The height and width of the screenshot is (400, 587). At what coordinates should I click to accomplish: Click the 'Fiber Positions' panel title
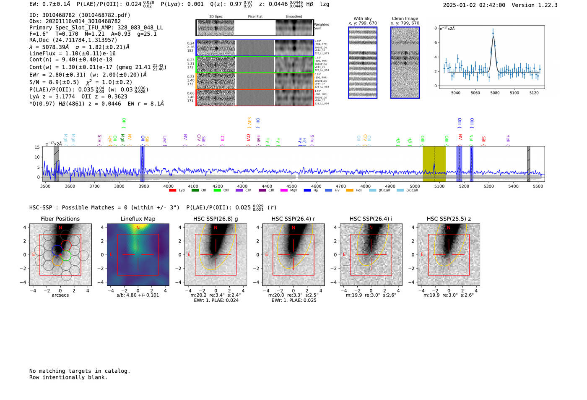tap(60, 219)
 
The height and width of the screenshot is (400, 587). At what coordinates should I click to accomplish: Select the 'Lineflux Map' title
tap(138, 219)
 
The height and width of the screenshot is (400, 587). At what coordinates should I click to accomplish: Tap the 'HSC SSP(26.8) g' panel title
tap(216, 219)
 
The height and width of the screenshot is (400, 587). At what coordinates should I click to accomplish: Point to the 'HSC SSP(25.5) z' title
tap(449, 219)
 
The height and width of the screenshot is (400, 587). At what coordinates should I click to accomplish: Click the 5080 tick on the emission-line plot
tap(495, 93)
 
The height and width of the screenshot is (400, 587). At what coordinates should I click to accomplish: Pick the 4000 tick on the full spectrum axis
tap(169, 186)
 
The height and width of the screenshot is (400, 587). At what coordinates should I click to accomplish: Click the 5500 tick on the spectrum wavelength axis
tap(538, 186)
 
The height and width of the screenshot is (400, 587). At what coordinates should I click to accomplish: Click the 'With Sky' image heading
tap(363, 18)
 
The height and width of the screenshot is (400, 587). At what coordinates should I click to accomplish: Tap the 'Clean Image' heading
tap(405, 18)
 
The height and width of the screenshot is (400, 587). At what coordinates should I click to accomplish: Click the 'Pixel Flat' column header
tap(255, 16)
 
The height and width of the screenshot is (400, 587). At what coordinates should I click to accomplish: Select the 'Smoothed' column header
tap(293, 16)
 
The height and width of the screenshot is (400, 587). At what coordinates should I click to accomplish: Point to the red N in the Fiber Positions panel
tap(60, 228)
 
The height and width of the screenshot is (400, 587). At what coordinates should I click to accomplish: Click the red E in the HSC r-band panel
tap(267, 255)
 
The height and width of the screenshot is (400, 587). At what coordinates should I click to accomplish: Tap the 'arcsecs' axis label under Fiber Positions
tap(60, 295)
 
